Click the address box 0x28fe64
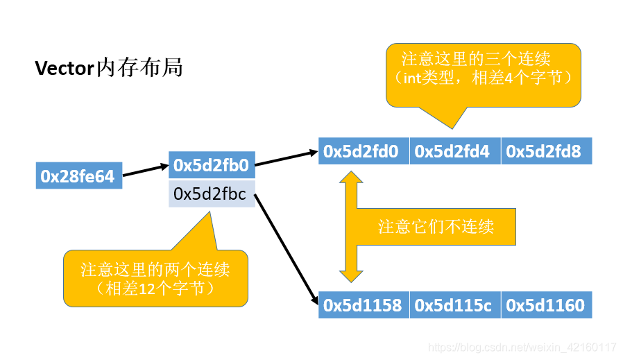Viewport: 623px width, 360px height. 78,176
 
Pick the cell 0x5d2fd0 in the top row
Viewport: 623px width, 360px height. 364,151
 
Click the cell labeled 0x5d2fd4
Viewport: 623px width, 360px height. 455,151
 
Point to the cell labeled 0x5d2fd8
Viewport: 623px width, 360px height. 546,151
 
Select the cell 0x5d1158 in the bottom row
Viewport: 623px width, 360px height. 364,305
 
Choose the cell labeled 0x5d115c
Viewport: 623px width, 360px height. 455,305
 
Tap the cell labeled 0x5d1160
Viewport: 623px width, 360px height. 546,305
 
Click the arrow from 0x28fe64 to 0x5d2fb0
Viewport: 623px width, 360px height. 145,171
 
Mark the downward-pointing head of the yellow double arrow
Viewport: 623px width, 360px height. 350,273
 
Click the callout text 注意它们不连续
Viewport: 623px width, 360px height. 436,227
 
